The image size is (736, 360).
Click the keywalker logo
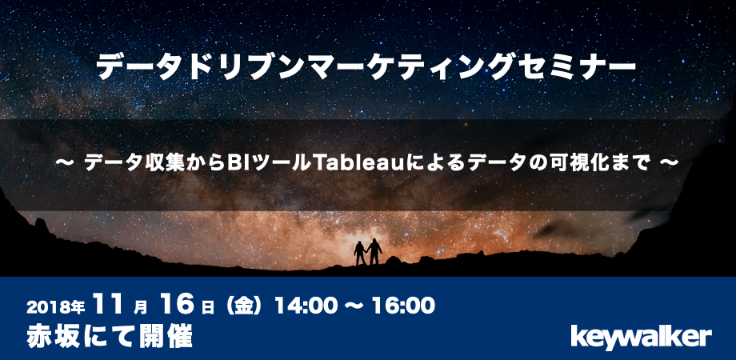[x=641, y=337]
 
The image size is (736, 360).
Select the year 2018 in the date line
[x=46, y=307]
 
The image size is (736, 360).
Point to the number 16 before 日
[x=177, y=305]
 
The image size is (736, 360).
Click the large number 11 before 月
[x=110, y=305]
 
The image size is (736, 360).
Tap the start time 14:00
[x=306, y=306]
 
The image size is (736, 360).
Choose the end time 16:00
[x=403, y=306]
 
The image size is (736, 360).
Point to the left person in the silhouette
[x=360, y=254]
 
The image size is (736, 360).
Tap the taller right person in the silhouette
[x=374, y=252]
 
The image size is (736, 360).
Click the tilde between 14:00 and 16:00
[x=354, y=307]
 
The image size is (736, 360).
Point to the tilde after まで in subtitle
[x=670, y=162]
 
